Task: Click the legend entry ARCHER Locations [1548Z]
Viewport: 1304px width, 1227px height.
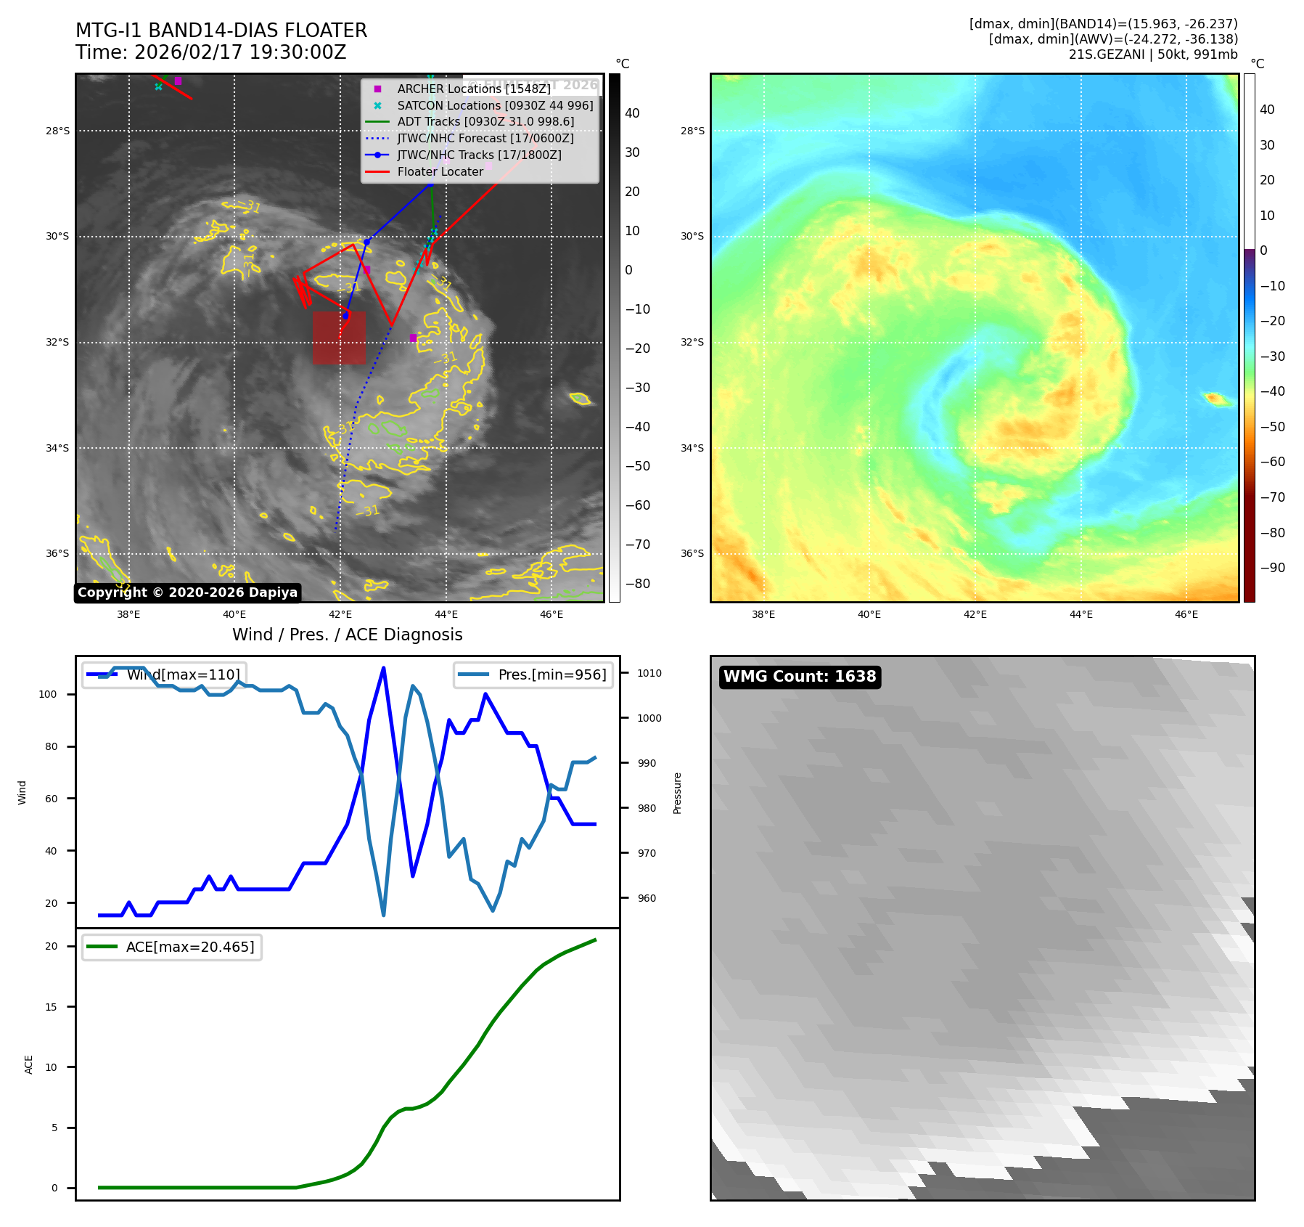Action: tap(474, 89)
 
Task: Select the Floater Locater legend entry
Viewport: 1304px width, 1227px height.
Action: tap(440, 171)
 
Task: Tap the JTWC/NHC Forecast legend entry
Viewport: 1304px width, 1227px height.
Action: tap(485, 138)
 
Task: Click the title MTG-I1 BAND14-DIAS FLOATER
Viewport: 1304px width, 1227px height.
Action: tap(221, 30)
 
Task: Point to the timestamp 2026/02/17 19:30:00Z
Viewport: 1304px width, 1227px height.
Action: tap(240, 52)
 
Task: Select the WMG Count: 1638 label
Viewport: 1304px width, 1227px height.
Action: tap(800, 677)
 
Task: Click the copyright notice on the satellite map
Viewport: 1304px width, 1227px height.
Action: tap(187, 592)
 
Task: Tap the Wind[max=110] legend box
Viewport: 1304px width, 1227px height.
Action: tap(165, 674)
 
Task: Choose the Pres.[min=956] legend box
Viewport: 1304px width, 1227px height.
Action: tap(533, 674)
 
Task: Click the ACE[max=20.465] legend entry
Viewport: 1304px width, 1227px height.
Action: tap(172, 947)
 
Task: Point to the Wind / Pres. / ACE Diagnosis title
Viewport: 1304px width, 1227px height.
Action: tap(347, 635)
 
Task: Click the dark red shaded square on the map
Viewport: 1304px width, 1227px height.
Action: tap(339, 338)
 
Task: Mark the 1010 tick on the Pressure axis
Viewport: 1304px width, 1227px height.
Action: tap(649, 673)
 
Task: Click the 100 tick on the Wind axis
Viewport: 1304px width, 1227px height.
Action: tap(48, 694)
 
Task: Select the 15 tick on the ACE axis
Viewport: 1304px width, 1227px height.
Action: tap(51, 1007)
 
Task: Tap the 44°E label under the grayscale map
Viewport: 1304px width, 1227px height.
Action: tap(446, 614)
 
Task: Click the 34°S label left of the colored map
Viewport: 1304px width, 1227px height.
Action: tap(692, 448)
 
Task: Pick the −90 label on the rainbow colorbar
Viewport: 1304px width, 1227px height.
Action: tap(1272, 568)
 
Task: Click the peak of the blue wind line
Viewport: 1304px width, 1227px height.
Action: tap(383, 668)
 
